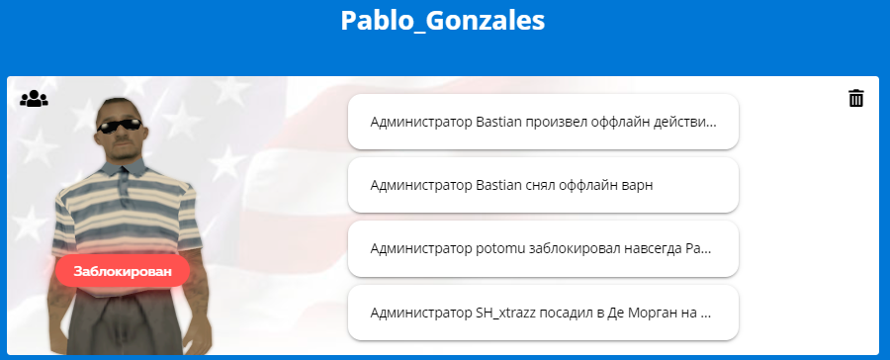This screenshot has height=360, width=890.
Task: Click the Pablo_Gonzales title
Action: (x=443, y=22)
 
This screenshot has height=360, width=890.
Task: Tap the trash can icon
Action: (x=856, y=98)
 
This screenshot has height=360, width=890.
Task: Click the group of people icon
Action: (x=34, y=98)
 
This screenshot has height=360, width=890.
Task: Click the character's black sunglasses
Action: (x=120, y=125)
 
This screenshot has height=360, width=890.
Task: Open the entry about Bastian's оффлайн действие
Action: (x=543, y=122)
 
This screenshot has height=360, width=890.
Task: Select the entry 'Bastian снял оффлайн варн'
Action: (x=543, y=185)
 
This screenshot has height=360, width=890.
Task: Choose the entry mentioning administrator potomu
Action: (x=543, y=248)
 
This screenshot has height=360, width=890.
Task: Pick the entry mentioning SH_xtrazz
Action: (x=543, y=313)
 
